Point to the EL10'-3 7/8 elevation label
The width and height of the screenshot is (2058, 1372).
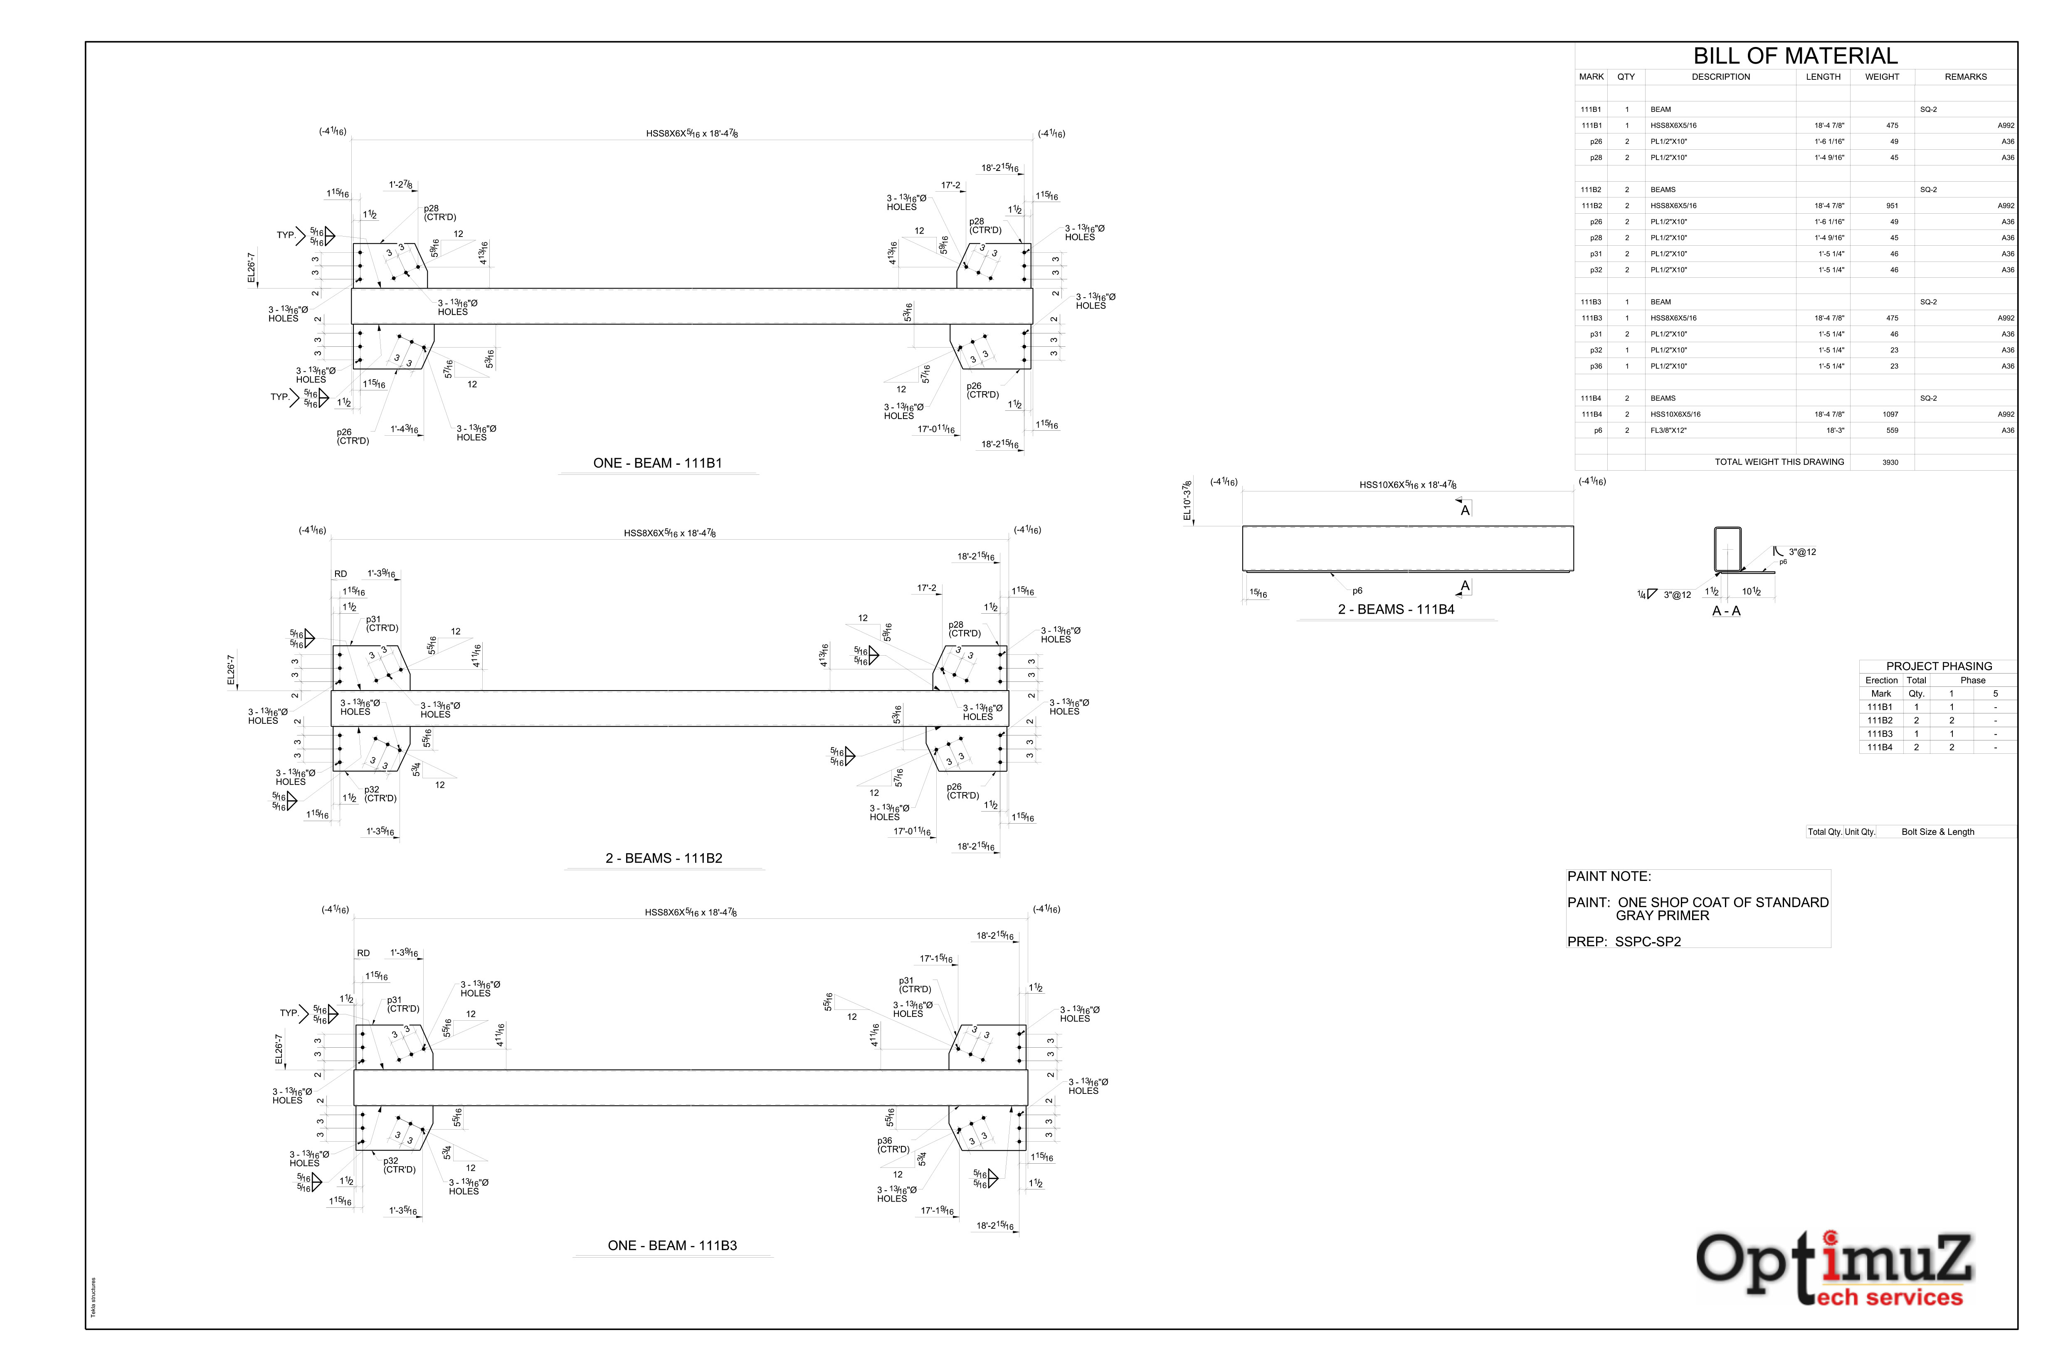tap(1187, 501)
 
